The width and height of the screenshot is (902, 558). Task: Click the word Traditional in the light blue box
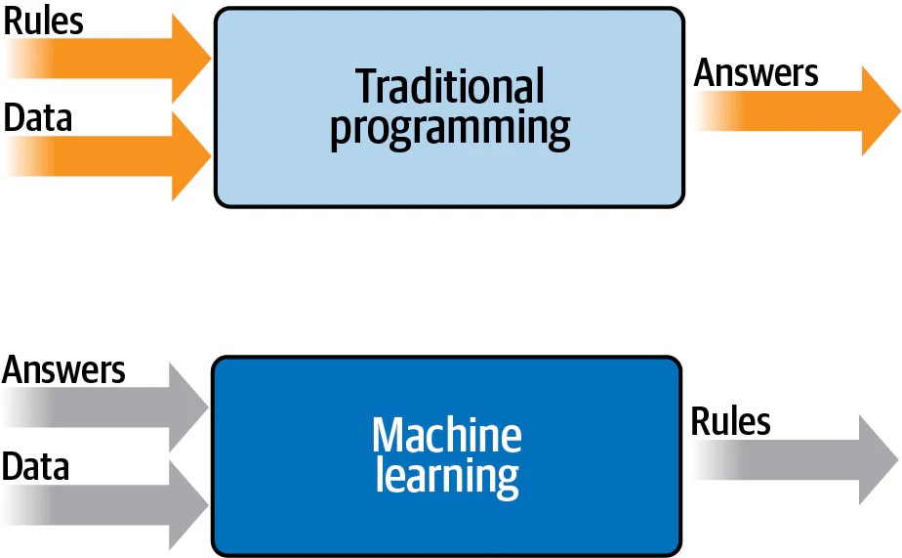tap(449, 87)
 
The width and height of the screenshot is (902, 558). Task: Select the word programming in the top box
tap(449, 130)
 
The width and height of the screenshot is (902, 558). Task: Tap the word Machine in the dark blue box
tap(447, 436)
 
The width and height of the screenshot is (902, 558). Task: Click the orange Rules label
tap(44, 21)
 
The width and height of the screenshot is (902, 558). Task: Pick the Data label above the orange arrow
tap(38, 118)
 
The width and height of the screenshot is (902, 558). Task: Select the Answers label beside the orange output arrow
tap(757, 73)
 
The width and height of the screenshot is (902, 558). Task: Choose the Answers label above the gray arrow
tap(64, 370)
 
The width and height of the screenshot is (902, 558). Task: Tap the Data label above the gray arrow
tap(36, 467)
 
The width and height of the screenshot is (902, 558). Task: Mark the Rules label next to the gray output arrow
tap(731, 422)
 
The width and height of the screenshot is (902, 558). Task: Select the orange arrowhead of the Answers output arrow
tap(880, 110)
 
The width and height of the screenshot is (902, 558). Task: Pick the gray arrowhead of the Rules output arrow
tap(878, 459)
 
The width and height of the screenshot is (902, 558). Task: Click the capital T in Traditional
tap(368, 87)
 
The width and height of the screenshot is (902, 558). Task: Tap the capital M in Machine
tap(389, 436)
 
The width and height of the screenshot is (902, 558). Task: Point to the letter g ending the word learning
tap(507, 481)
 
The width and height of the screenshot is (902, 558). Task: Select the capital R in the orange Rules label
tap(15, 21)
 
